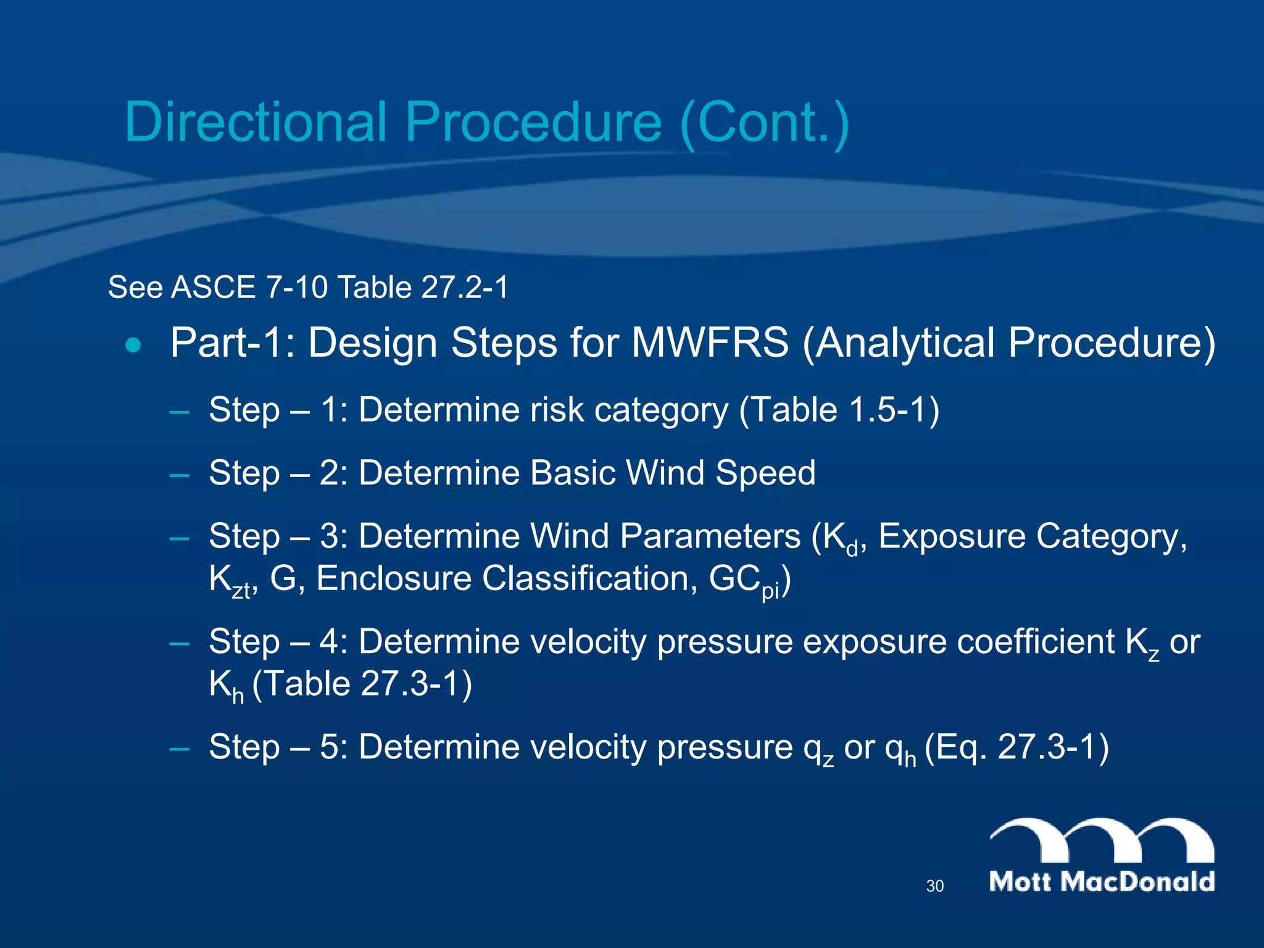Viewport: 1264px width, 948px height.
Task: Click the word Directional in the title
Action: (256, 122)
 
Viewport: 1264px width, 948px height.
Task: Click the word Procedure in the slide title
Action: (534, 122)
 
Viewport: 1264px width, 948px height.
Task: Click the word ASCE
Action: (213, 287)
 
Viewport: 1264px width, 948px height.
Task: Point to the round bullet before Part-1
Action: (133, 344)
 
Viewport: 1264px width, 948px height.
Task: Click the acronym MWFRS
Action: (710, 343)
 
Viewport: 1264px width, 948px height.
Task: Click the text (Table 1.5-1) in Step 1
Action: (839, 410)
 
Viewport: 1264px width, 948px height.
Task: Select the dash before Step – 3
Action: (179, 537)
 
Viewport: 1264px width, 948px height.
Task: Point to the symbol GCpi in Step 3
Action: (744, 580)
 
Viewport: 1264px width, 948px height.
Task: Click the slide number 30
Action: (934, 886)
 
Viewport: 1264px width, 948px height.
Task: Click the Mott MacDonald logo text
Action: (1102, 881)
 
